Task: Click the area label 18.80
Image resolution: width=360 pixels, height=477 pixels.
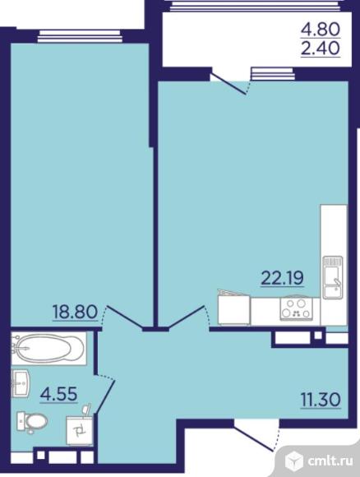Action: [75, 312]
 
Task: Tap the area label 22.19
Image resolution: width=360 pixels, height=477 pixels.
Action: [282, 278]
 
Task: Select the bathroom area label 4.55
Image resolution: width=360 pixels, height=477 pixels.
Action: [58, 394]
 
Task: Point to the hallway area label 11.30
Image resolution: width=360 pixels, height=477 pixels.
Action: [321, 400]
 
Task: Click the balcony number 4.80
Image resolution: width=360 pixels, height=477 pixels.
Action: [321, 30]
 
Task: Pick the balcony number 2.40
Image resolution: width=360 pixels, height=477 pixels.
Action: [321, 48]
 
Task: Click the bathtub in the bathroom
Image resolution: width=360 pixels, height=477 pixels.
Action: [48, 348]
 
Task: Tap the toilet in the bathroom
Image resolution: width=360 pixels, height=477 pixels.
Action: [32, 422]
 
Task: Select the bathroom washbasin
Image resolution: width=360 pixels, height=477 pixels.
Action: [21, 383]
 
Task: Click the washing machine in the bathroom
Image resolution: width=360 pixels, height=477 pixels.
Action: [79, 430]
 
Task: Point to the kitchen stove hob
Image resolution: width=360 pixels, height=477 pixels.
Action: [296, 308]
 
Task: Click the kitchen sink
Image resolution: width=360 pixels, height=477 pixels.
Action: [333, 277]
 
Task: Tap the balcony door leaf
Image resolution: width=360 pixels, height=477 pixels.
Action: [228, 83]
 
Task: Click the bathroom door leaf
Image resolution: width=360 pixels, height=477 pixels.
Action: [105, 396]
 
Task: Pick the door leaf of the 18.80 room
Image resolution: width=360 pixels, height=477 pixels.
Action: [125, 318]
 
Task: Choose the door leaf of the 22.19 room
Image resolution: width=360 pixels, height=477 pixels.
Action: [186, 317]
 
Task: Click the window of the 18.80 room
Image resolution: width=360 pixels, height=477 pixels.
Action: [80, 35]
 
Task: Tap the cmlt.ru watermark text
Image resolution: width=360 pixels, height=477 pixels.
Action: [330, 461]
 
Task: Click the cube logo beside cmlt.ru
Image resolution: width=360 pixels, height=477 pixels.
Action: [294, 460]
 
